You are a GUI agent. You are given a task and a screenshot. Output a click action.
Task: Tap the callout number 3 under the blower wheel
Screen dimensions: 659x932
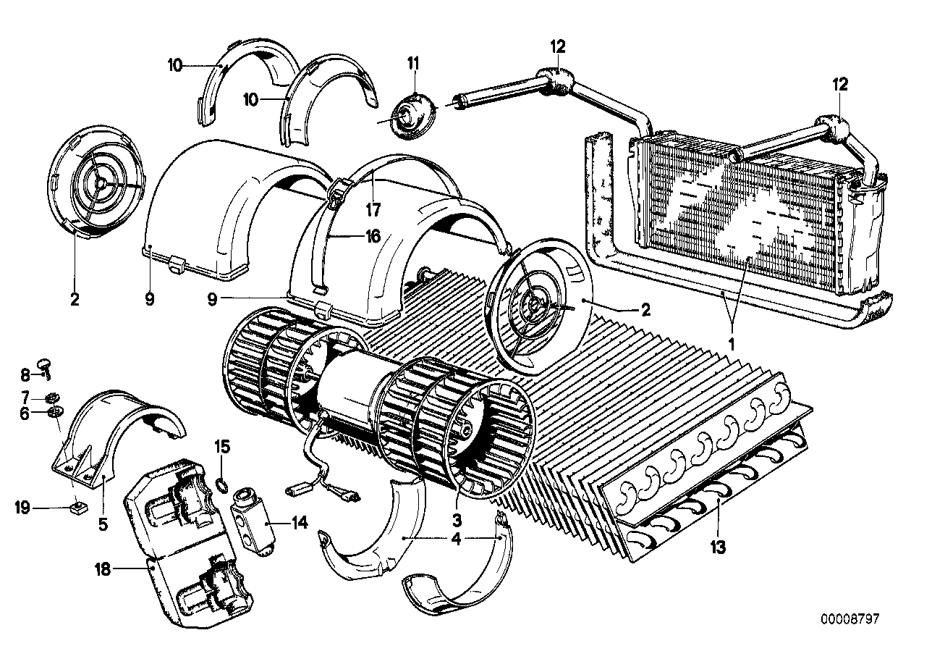(x=457, y=520)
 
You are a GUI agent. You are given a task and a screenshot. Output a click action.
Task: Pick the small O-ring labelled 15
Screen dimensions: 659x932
(x=223, y=484)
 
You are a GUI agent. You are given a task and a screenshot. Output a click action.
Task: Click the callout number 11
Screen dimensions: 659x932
(x=412, y=64)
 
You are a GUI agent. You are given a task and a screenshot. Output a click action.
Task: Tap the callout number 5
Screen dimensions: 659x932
(x=103, y=524)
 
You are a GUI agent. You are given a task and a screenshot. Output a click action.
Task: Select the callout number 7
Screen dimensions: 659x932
(x=25, y=398)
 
